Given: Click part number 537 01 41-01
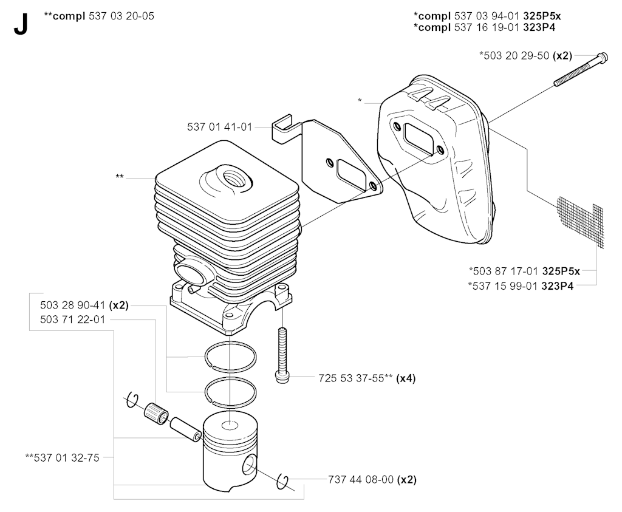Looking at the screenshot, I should tap(220, 127).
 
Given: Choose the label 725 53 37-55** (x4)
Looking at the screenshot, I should tap(366, 378).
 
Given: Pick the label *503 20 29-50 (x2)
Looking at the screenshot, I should tap(525, 55).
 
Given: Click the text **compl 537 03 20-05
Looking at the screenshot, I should tap(99, 16).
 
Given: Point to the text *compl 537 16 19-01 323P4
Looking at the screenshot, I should tap(493, 27).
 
